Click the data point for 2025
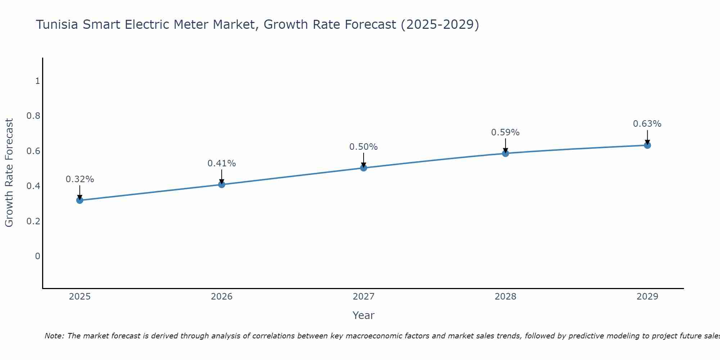80,200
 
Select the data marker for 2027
364,168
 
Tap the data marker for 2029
647,145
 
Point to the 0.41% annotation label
221,163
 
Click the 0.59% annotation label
505,132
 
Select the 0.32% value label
80,179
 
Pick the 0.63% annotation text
647,124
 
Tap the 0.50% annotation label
364,147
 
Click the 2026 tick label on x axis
221,297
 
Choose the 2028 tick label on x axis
505,297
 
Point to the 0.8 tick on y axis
33,116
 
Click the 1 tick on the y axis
37,81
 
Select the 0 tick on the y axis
37,256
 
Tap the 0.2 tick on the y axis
33,221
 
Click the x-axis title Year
364,315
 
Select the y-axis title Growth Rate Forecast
9,173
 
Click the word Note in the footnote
54,336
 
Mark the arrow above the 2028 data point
505,146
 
